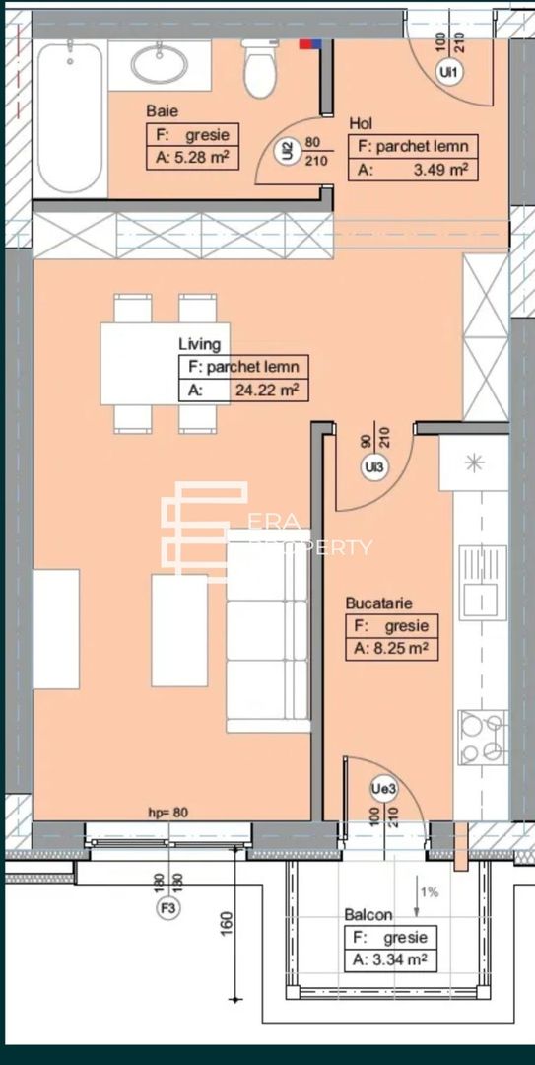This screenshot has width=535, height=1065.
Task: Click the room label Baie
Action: point(162,112)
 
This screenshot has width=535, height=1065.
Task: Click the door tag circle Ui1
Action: point(450,72)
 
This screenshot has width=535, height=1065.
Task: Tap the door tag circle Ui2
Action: point(287,151)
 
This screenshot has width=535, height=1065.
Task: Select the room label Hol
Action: point(361,124)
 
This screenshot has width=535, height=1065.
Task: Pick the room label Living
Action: point(199,344)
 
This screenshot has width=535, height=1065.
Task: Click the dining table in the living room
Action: point(165,364)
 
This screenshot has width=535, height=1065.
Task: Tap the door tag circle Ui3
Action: point(373,467)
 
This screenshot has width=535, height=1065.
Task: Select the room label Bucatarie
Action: point(378,602)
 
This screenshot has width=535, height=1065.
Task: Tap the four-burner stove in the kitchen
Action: point(482,738)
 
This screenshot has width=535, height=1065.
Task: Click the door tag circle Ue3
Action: point(383,788)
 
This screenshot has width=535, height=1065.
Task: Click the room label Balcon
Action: point(368,915)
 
